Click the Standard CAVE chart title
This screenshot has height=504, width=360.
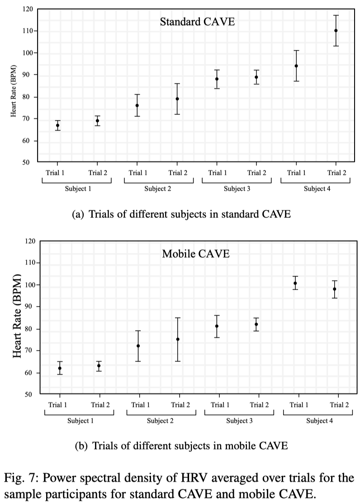(197, 21)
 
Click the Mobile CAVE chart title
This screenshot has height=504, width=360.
(196, 254)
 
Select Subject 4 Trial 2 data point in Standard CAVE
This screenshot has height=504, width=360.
(336, 31)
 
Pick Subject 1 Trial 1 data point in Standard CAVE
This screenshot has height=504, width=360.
(57, 125)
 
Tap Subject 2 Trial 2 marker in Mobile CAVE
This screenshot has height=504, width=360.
(178, 339)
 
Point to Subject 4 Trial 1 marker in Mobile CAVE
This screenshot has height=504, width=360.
(295, 283)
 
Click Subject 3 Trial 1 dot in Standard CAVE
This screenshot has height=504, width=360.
(217, 79)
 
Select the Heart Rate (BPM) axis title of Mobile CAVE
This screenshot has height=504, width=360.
(18, 316)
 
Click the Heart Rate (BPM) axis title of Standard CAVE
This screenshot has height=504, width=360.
(14, 86)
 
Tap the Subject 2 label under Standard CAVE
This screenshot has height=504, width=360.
(157, 189)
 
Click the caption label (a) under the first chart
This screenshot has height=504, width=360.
(78, 214)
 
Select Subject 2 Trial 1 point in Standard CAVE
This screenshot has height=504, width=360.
(137, 105)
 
